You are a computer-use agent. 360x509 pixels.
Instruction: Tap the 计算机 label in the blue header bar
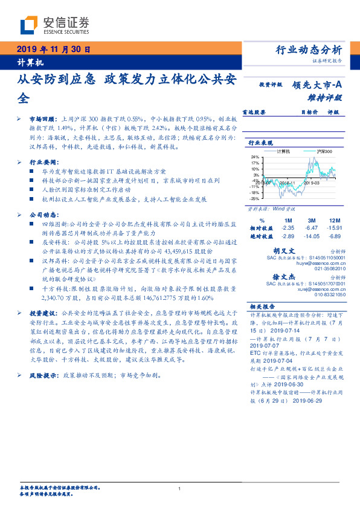[x=27, y=62]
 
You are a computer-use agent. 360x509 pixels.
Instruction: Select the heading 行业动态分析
[x=309, y=50]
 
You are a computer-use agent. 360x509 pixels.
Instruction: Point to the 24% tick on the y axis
[x=256, y=157]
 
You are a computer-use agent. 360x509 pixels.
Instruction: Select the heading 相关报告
[x=263, y=306]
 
